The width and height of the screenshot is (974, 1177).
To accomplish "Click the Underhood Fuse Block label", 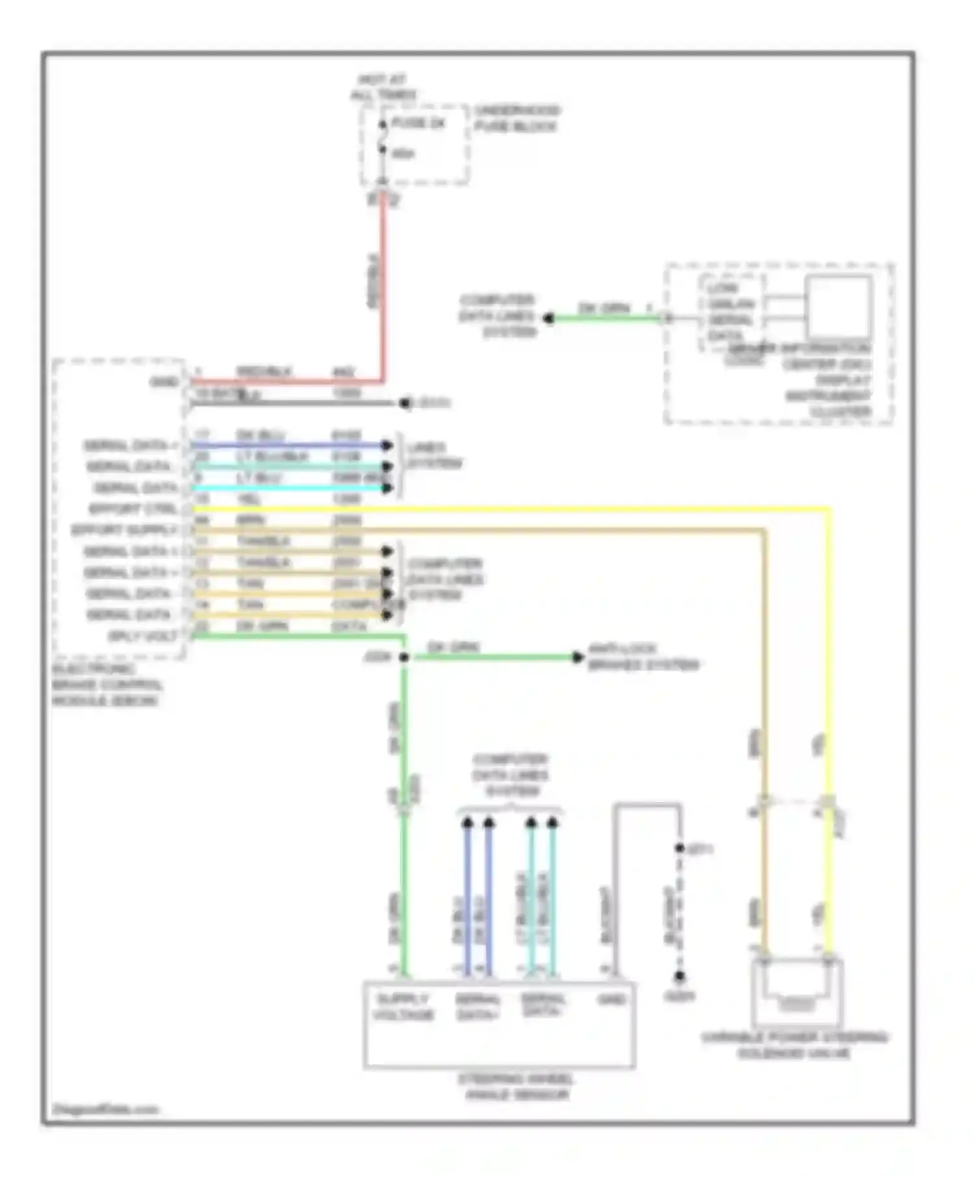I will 516,118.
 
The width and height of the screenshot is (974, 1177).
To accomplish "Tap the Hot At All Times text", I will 383,88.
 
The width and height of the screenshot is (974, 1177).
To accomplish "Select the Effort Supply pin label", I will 124,530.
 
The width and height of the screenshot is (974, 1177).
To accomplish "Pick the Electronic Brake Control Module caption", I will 107,685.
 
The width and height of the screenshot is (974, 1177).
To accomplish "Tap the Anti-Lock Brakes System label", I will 643,657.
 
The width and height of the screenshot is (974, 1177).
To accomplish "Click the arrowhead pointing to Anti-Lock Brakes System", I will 577,657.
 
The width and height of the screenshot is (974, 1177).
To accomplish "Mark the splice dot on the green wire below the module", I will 404,657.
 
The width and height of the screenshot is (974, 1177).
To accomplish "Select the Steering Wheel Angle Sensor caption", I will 516,1087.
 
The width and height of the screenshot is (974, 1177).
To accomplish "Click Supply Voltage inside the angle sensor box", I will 403,1006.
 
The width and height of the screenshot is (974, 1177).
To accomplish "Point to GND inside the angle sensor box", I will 611,1000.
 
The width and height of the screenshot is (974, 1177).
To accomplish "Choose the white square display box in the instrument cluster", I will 838,307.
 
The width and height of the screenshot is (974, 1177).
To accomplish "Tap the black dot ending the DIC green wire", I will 549,318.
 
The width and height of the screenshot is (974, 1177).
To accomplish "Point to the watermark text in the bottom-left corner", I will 105,1109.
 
